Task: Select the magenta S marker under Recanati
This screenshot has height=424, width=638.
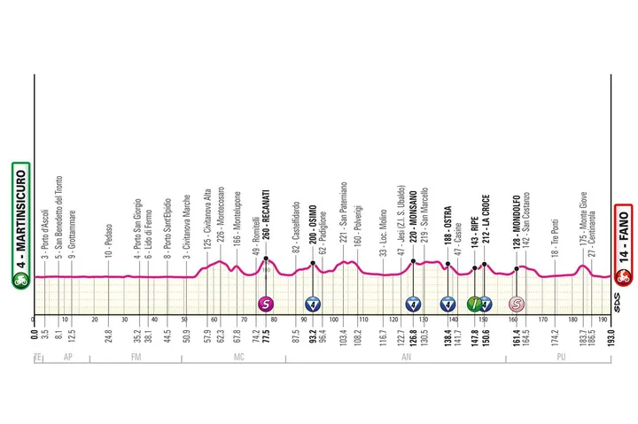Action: [x=265, y=304]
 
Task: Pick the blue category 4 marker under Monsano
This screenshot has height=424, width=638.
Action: [x=413, y=304]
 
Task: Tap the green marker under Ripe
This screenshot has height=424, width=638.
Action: [x=474, y=304]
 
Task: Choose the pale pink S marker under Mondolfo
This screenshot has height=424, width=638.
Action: [x=516, y=304]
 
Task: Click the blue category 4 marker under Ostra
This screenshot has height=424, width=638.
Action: [x=447, y=304]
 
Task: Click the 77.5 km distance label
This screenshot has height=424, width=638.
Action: [x=265, y=340]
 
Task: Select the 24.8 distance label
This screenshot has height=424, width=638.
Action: [x=108, y=340]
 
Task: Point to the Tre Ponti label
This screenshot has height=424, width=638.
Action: [x=555, y=234]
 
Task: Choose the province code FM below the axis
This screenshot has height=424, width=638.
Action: [x=136, y=358]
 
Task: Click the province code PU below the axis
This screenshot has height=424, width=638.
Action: [x=560, y=358]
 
